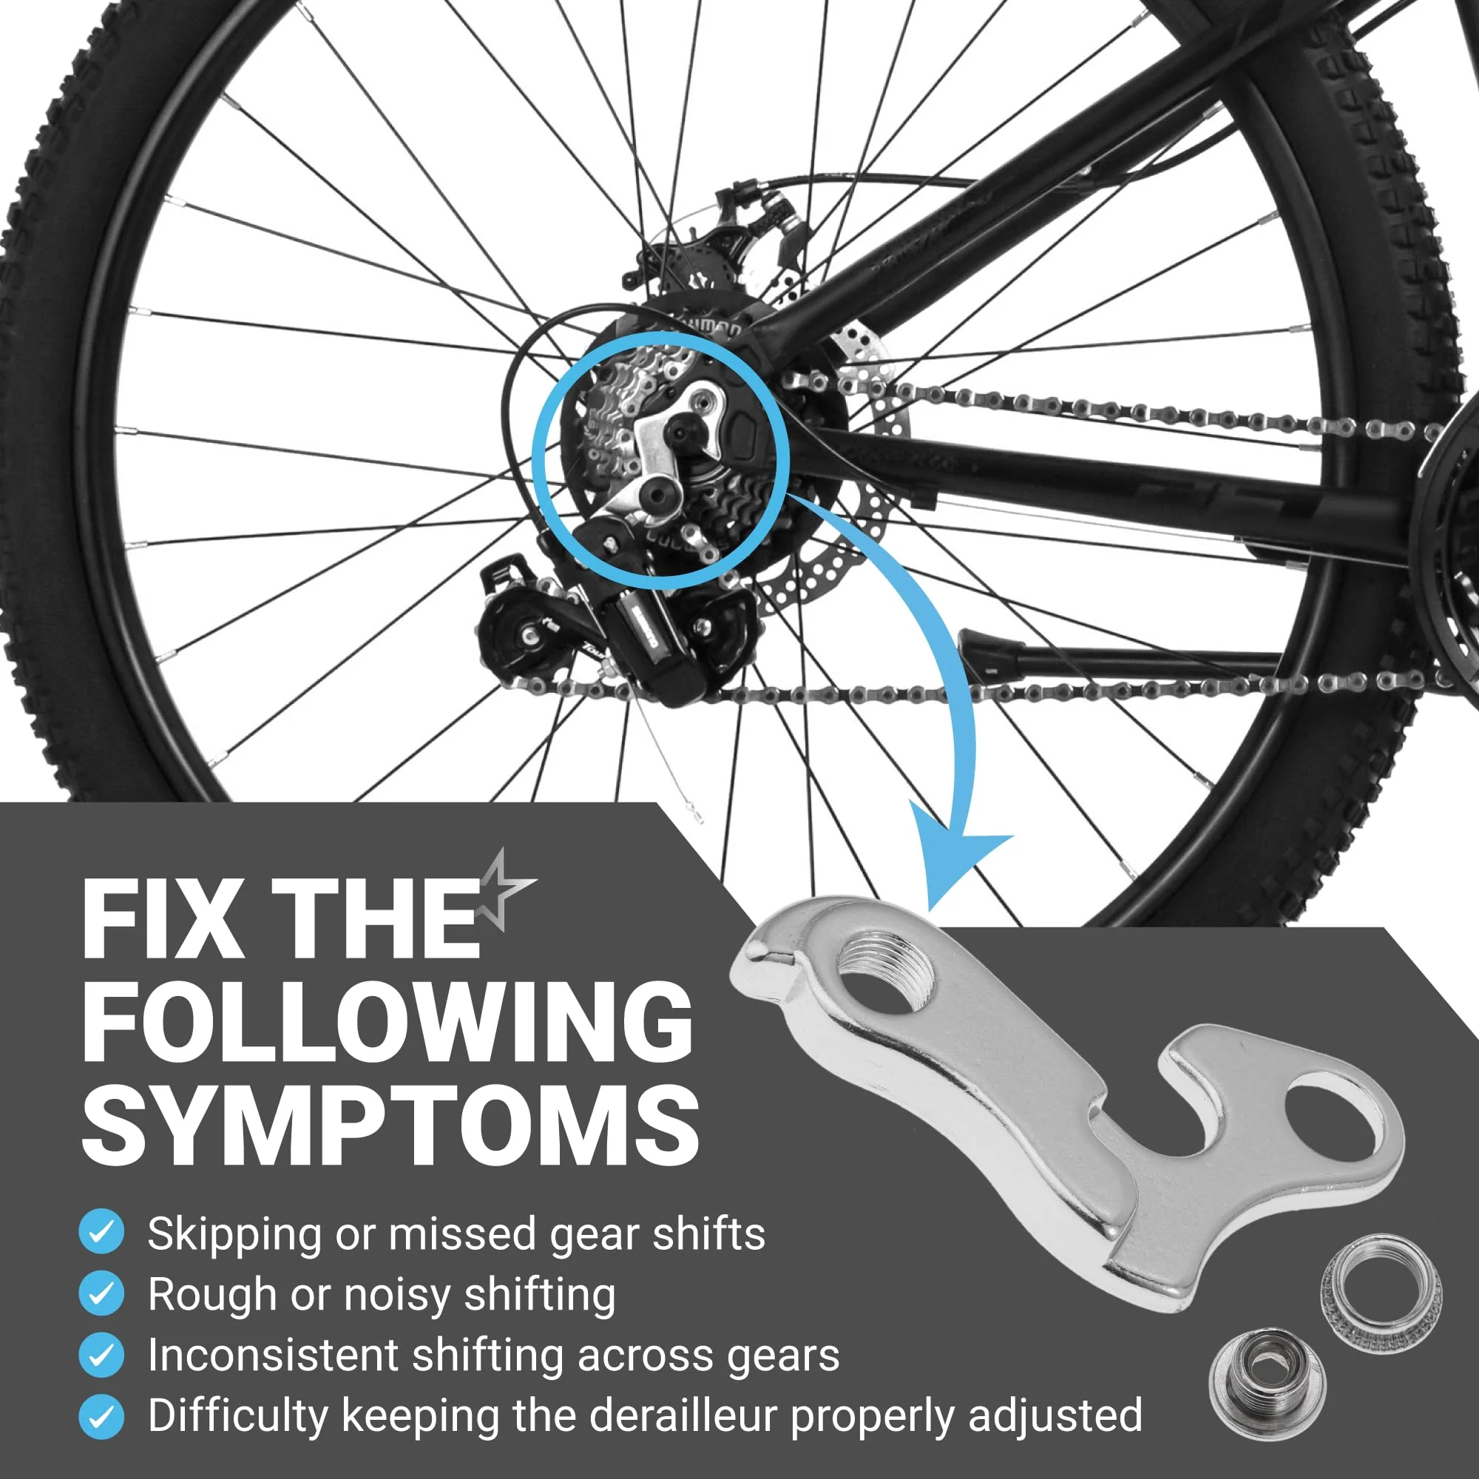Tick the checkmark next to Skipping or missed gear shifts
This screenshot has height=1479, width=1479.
[101, 1233]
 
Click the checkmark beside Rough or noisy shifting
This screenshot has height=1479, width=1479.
[101, 1293]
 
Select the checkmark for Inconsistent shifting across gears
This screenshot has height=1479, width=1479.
[101, 1354]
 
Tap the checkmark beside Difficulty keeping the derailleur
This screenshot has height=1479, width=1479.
[101, 1415]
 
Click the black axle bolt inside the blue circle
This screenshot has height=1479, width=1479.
[680, 433]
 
